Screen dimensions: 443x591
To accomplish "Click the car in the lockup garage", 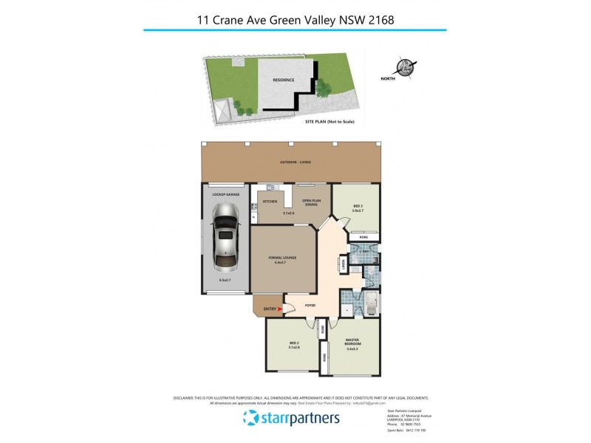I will tap(225, 238).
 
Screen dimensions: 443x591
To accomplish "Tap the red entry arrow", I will tap(279, 310).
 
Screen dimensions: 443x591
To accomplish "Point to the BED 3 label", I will tap(358, 207).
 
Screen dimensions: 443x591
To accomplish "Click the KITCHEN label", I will tap(270, 202).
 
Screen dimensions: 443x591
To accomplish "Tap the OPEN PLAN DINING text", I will tap(310, 203).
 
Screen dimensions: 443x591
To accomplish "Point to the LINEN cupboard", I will tap(343, 263).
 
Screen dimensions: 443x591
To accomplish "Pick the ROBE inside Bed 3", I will tap(363, 236).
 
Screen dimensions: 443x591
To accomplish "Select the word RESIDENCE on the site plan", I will tap(283, 80).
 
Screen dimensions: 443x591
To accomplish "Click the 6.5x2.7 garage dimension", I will tap(225, 281).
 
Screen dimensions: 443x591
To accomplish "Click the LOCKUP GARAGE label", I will tap(221, 194).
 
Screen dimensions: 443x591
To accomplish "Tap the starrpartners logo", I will tap(291, 419).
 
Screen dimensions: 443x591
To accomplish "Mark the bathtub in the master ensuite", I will tap(371, 303).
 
